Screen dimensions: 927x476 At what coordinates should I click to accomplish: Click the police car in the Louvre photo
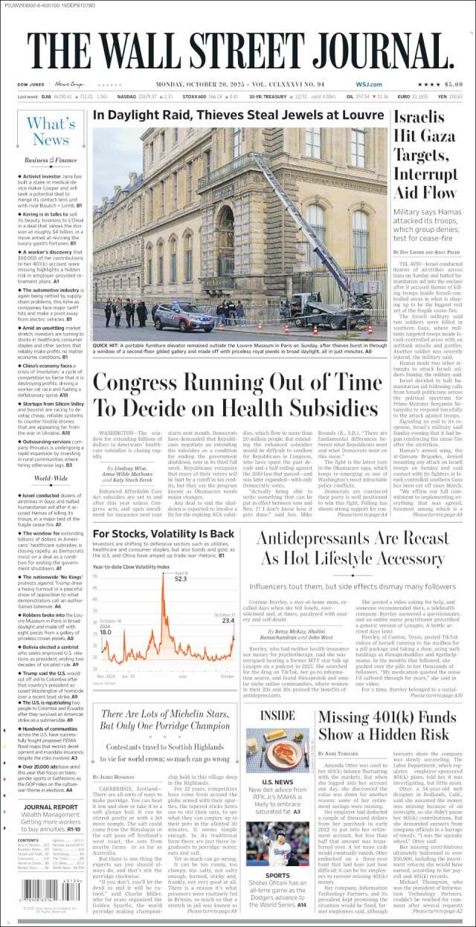tap(183, 318)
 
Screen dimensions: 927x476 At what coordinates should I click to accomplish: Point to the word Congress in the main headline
tap(149, 383)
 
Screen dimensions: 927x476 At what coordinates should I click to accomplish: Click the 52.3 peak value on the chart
tap(181, 578)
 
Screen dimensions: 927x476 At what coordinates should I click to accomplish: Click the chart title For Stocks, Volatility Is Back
tap(163, 534)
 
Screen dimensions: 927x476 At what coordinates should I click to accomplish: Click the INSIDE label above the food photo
tap(277, 716)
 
